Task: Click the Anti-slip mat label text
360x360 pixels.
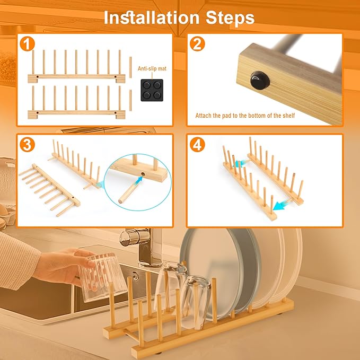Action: click(152, 68)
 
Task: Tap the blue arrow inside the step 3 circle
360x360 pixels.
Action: click(139, 180)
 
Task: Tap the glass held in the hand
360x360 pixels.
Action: click(102, 276)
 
